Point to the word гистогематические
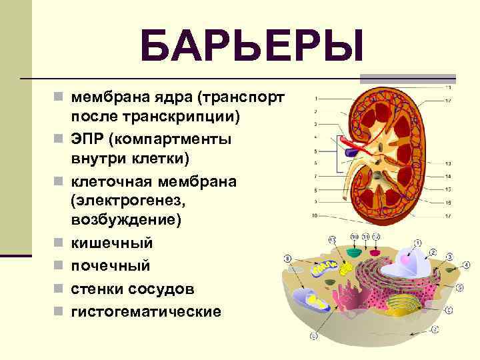click(146, 311)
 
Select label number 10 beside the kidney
click(314, 215)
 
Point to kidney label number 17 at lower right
click(449, 215)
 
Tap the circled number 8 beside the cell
click(288, 258)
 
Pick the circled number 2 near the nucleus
click(432, 253)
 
